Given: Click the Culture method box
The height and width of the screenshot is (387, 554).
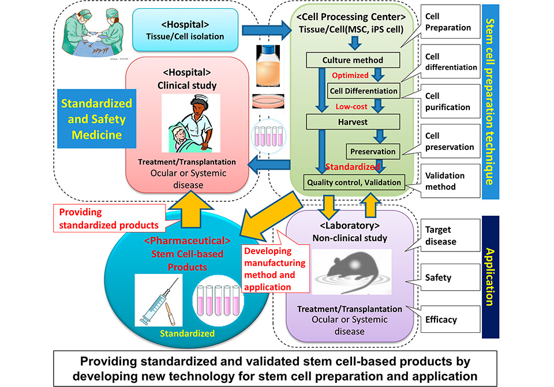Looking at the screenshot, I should point(345,59).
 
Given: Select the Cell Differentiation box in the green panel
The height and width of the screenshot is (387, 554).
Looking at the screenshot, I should point(364,91).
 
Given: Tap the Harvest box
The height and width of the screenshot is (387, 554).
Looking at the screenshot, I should point(345,122).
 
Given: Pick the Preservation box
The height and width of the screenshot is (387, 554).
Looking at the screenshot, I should point(373,152).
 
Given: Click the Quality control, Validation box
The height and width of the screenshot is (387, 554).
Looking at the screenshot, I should point(353,182).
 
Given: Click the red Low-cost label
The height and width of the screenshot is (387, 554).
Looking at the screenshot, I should point(351,106).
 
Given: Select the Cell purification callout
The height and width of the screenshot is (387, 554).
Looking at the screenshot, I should point(447,102).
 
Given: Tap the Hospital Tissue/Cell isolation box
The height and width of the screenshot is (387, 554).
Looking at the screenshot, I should point(185,30).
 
